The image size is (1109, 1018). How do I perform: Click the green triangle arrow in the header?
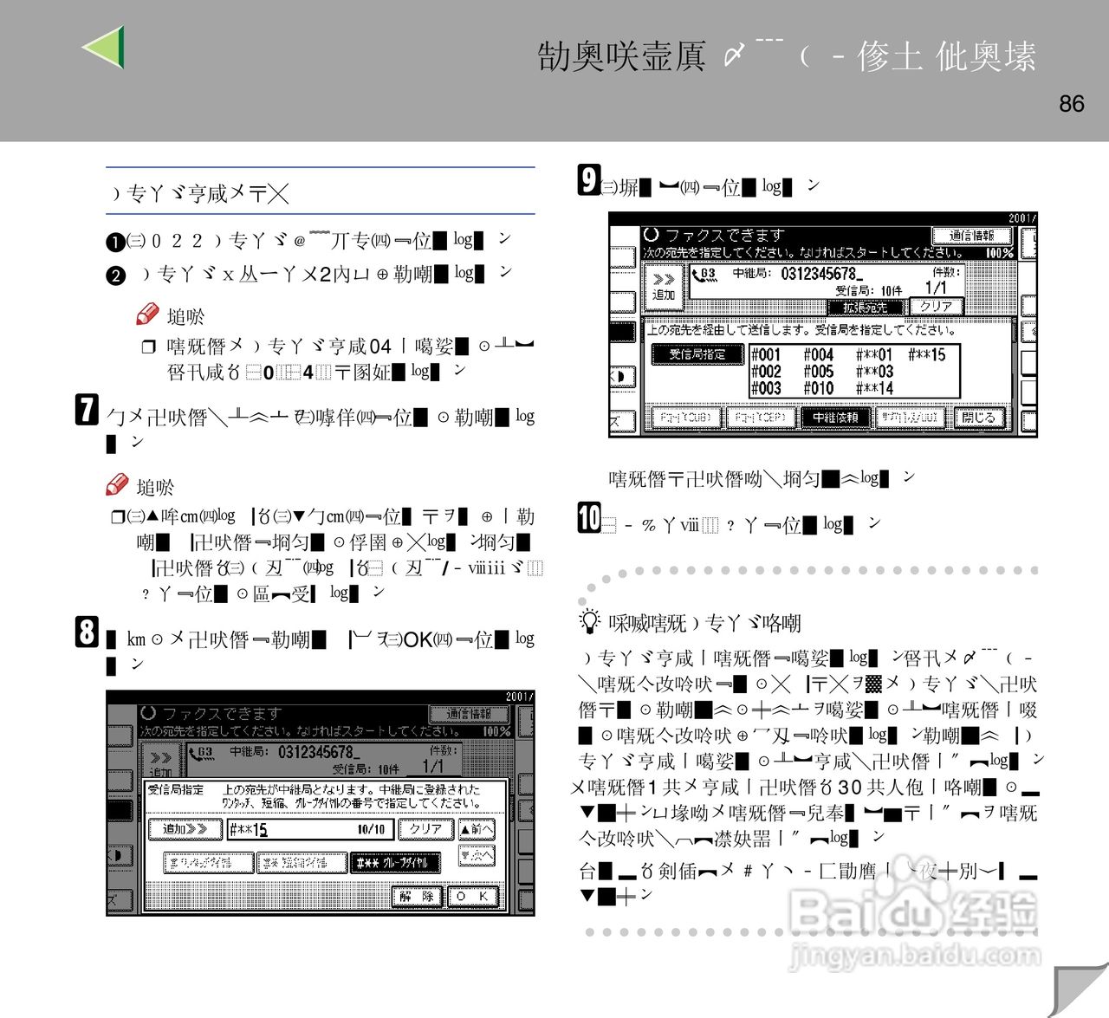(x=104, y=47)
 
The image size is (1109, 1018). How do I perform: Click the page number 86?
(x=1071, y=104)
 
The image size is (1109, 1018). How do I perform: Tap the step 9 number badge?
(x=589, y=180)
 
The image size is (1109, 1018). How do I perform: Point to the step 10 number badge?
(x=589, y=518)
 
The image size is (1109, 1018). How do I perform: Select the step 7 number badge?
(x=87, y=409)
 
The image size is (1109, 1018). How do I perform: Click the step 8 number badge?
(x=87, y=632)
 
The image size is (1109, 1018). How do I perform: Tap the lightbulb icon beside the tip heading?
(x=589, y=621)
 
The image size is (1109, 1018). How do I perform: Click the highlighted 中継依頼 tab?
(x=835, y=418)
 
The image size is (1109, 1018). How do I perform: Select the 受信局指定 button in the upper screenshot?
(x=697, y=354)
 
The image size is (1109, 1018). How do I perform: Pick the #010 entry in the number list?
(x=818, y=388)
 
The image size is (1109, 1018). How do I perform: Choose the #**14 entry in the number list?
(x=874, y=388)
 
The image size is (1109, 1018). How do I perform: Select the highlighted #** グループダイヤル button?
(x=394, y=862)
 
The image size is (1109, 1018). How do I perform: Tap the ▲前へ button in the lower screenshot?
(x=476, y=829)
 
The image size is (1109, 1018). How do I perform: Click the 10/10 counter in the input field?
(x=371, y=830)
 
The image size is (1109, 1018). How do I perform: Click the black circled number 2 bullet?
(x=116, y=276)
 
